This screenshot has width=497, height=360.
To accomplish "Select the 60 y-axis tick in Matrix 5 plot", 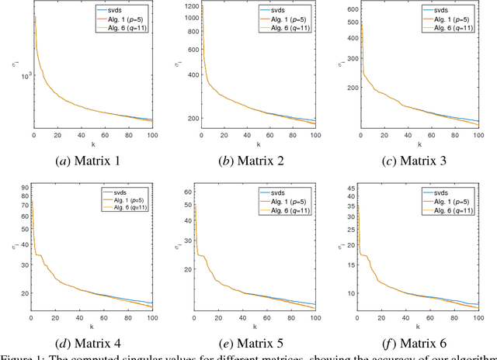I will pos(189,191).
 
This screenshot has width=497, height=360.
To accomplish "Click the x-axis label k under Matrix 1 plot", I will pos(92,145).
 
